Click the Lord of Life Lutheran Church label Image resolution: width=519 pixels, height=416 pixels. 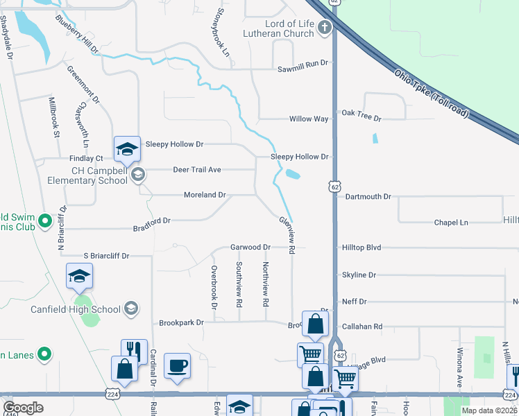[280, 28]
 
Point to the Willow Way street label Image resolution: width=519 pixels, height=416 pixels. [309, 119]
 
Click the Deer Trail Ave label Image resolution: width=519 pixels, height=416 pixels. [196, 169]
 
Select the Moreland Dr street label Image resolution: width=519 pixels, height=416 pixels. [205, 195]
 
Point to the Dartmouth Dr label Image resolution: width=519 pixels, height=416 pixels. [368, 197]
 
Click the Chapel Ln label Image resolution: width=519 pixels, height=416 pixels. [451, 223]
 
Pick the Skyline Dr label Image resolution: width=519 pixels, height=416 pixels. [359, 275]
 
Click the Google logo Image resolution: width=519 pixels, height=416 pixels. [24, 408]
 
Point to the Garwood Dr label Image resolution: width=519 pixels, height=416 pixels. [250, 248]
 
